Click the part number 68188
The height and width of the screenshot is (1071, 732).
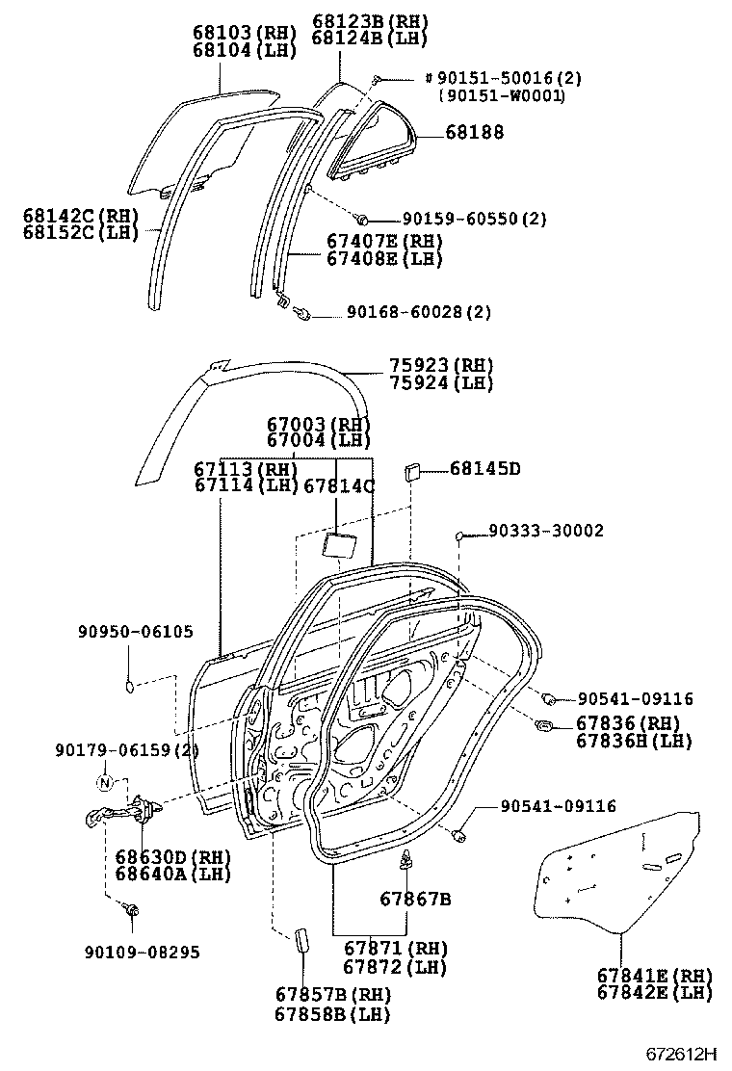475,132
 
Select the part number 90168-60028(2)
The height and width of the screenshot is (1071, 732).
412,312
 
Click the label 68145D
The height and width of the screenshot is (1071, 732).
484,469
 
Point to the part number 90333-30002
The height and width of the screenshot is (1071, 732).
545,531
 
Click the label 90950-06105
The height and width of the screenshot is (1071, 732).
136,632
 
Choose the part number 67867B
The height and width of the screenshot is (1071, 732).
415,900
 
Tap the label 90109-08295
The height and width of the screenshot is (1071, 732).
142,952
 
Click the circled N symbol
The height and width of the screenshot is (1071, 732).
106,781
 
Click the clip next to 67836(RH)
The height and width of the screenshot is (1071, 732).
543,724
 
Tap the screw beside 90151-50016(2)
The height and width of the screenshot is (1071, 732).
379,79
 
